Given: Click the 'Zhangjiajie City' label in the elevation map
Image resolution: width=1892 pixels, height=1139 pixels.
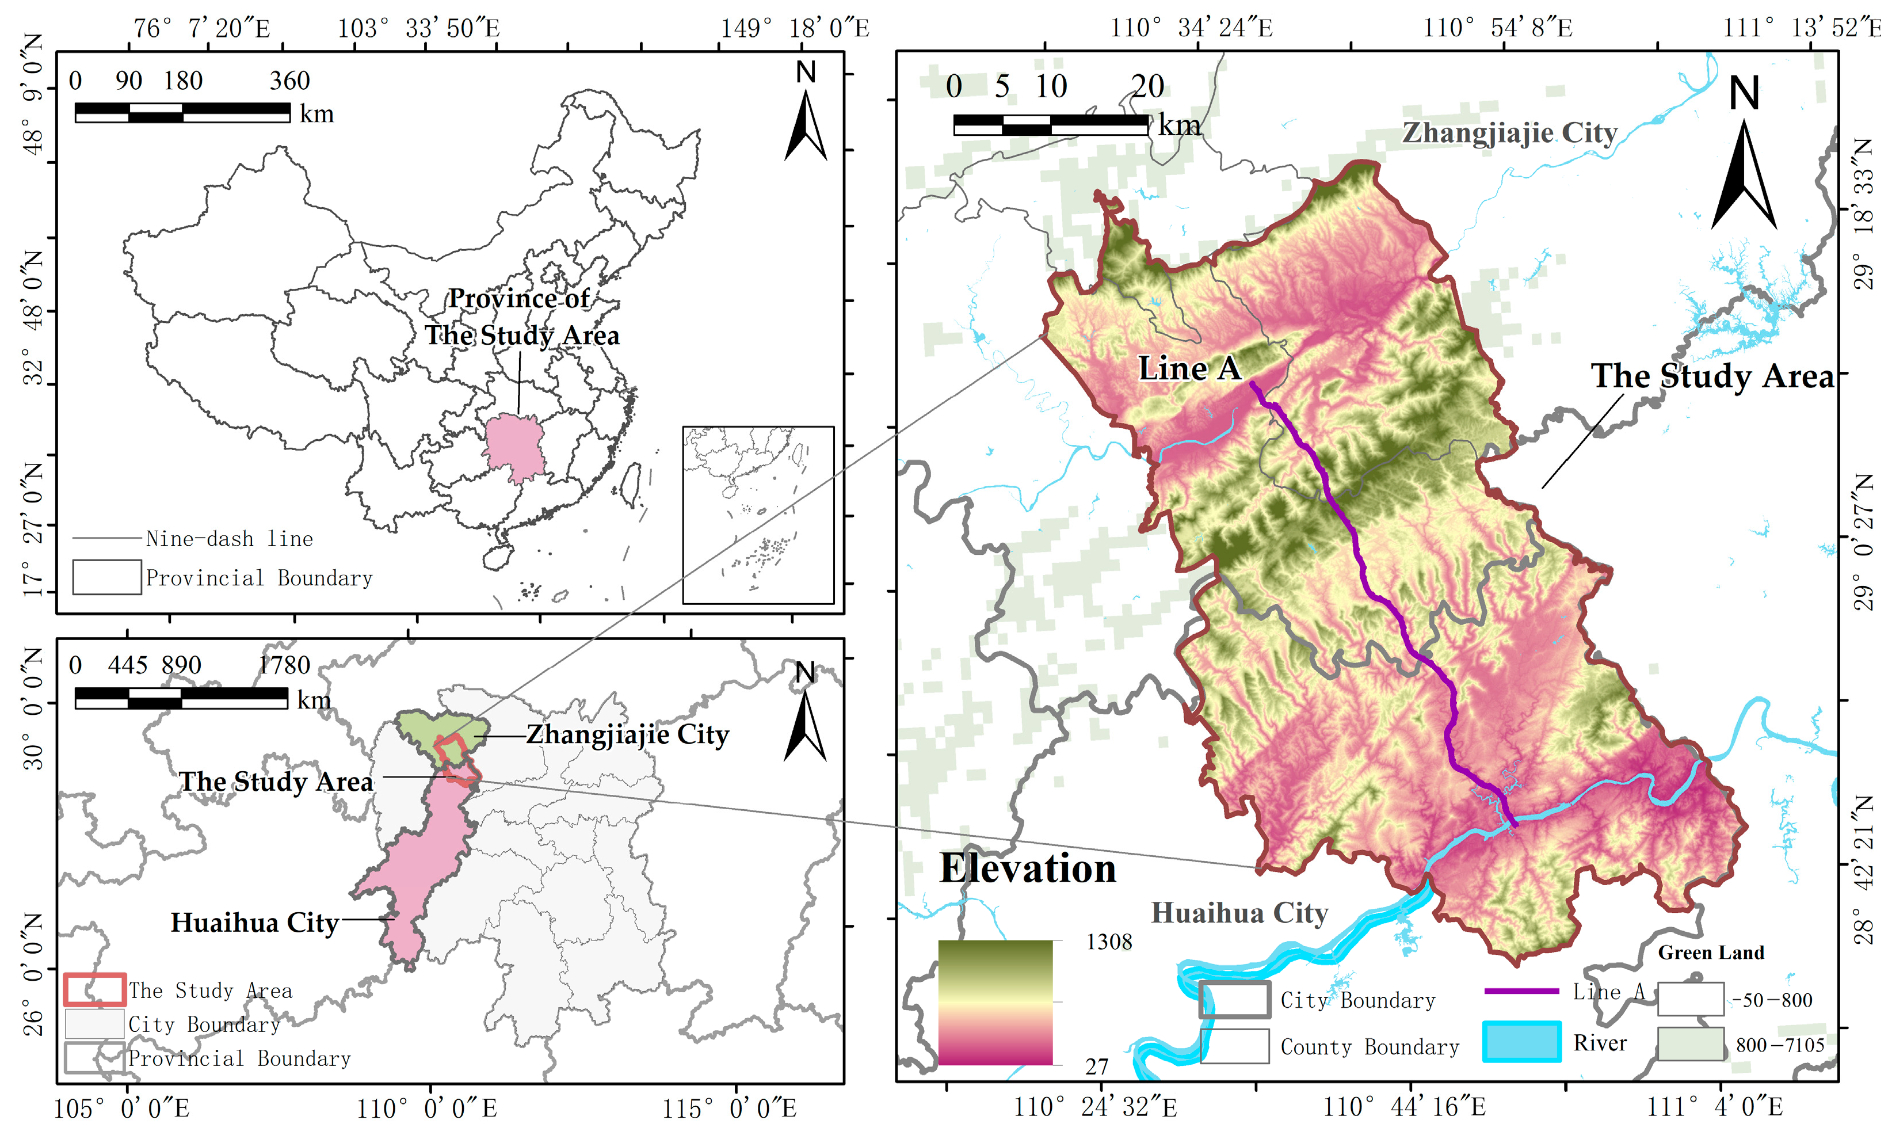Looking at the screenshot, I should tap(1509, 133).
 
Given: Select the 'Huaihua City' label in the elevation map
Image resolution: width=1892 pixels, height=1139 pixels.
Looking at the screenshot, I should tap(1238, 913).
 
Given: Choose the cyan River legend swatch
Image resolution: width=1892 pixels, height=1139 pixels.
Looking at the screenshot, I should tap(1521, 1042).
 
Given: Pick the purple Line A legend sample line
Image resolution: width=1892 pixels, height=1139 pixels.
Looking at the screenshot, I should tap(1521, 991).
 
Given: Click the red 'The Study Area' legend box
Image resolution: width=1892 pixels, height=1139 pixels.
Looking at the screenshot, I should tap(94, 989).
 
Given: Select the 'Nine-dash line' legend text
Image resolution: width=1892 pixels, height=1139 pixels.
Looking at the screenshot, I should tap(228, 539).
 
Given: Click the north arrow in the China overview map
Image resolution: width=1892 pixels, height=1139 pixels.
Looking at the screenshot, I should tap(805, 123).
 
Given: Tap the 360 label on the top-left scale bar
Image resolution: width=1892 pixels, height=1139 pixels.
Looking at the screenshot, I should tap(289, 81).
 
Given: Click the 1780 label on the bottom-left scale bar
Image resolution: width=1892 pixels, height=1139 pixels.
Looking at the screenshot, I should tap(284, 665).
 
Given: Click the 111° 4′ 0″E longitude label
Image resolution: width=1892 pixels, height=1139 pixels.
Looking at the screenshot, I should tap(1714, 1107).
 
